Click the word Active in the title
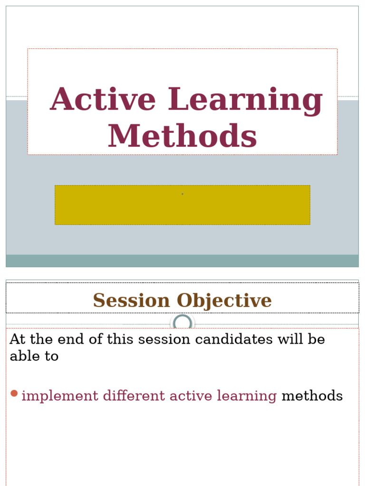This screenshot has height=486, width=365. click(x=103, y=100)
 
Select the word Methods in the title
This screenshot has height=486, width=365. click(x=182, y=136)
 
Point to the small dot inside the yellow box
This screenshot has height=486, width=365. click(x=182, y=194)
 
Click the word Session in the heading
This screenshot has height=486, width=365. click(x=131, y=300)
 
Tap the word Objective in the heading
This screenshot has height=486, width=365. click(x=224, y=300)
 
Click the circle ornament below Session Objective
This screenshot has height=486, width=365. click(x=182, y=324)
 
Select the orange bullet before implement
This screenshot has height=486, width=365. click(x=14, y=393)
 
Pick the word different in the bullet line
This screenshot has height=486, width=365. click(x=126, y=396)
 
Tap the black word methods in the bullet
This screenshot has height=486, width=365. click(x=312, y=396)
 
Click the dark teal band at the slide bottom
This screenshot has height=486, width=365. click(x=182, y=261)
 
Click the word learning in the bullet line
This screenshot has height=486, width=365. click(x=246, y=396)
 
